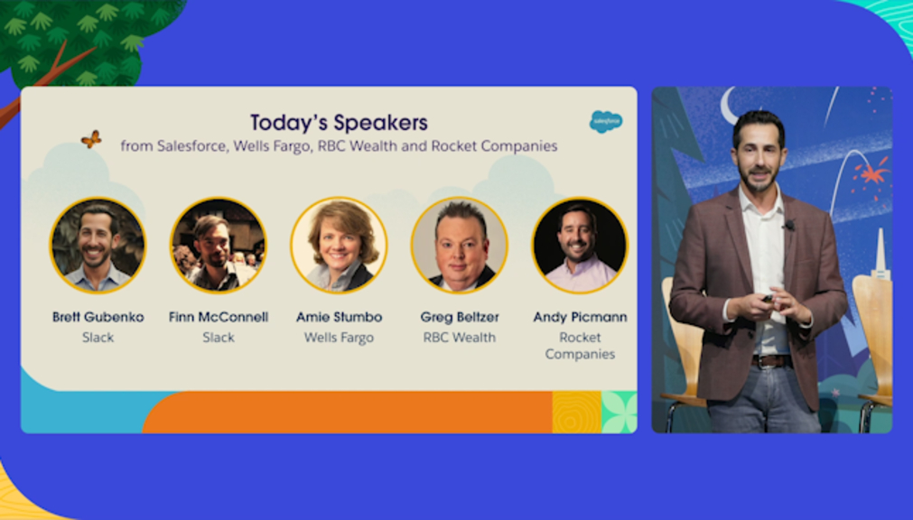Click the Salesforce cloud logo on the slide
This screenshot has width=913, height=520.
[x=606, y=122]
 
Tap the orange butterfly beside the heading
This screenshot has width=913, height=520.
[x=91, y=139]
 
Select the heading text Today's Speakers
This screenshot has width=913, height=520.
[x=339, y=123]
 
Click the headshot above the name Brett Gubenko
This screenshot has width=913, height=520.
[x=98, y=246]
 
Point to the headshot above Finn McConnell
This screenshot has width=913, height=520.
[x=219, y=246]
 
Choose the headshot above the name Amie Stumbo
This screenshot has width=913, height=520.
[x=339, y=246]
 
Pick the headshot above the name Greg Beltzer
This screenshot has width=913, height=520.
[x=460, y=246]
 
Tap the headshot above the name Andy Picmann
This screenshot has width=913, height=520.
[x=580, y=246]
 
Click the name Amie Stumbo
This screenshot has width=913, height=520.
[x=339, y=318]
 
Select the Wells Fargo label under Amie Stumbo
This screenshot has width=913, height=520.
[x=339, y=338]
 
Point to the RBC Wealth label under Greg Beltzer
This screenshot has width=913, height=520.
[x=460, y=338]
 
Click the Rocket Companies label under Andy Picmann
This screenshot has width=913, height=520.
[x=580, y=346]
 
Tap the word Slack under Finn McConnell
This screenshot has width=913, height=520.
[x=219, y=338]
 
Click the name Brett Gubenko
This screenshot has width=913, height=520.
[x=98, y=318]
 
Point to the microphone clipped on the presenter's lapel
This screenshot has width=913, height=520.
[x=789, y=224]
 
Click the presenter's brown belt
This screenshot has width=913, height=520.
[x=771, y=361]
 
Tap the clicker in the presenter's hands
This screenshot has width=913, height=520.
[x=768, y=299]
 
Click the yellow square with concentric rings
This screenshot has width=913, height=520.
[x=576, y=413]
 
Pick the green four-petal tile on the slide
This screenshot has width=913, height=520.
[x=619, y=413]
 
